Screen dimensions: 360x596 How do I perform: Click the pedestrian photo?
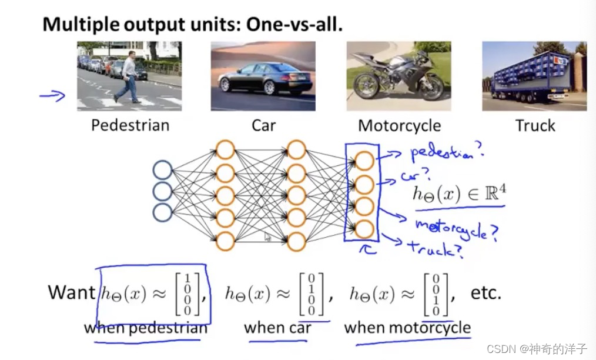[x=129, y=76]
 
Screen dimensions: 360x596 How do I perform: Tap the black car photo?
[x=263, y=76]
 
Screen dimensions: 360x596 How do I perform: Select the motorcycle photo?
[x=398, y=76]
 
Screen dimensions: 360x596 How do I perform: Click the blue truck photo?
[x=534, y=76]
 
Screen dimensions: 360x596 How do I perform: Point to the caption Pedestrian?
[x=130, y=125]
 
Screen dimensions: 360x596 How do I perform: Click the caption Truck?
[x=535, y=125]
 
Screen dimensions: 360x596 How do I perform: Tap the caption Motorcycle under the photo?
[x=399, y=125]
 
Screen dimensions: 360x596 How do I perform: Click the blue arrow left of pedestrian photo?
[x=52, y=95]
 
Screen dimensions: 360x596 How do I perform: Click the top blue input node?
[x=162, y=171]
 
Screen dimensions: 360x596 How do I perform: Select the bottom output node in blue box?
[x=364, y=228]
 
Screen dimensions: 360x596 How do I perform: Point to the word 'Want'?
[x=71, y=292]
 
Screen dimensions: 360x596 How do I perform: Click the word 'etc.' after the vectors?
[x=485, y=292]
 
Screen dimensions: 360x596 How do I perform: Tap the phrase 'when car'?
[x=277, y=327]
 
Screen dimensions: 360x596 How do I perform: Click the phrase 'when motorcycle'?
[x=407, y=327]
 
